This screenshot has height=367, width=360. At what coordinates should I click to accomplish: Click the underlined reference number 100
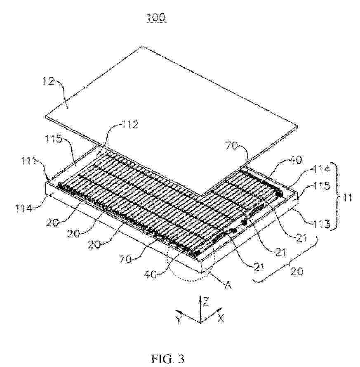coord(156,17)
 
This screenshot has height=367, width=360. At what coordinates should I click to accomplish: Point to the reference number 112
coord(130,124)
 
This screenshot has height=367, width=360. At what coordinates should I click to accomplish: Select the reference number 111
coord(29,161)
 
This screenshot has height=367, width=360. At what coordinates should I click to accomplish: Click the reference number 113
coord(322,224)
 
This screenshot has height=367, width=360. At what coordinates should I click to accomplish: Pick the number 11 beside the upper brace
coord(348,198)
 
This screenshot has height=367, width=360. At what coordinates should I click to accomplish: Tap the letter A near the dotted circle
coord(228,285)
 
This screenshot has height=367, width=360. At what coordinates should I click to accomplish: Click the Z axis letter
coord(206,302)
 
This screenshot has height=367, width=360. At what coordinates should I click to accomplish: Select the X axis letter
coord(221,318)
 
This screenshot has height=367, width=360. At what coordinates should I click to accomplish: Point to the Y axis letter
coord(179,320)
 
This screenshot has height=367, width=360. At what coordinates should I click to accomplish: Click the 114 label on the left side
coord(24,208)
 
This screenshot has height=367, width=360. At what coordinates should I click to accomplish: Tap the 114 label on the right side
coord(322,169)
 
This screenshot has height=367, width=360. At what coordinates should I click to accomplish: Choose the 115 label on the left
coord(54,139)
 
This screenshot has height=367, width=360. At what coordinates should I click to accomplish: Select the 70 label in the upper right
coord(231,146)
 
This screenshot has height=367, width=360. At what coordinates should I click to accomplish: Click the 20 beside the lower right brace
coord(297,271)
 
